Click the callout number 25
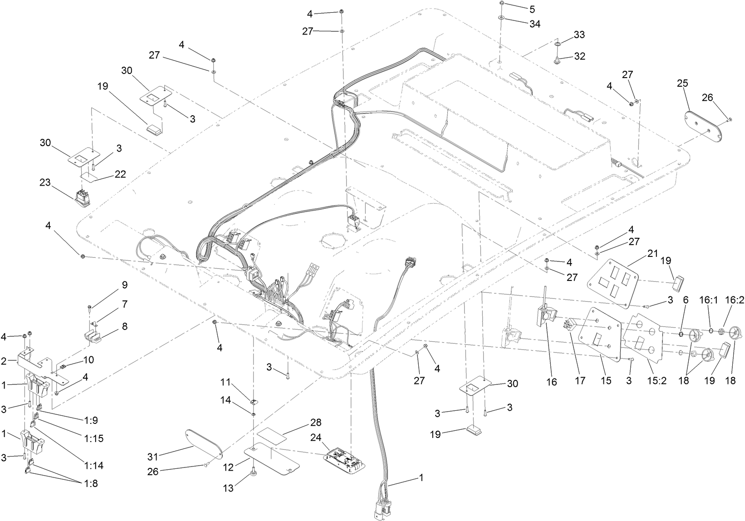point(682,83)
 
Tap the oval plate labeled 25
point(702,123)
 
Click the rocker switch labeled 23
point(83,198)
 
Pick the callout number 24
point(316,437)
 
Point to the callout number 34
point(535,24)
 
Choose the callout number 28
point(316,423)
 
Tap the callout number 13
point(229,488)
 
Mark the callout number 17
point(580,381)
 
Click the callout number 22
point(120,174)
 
